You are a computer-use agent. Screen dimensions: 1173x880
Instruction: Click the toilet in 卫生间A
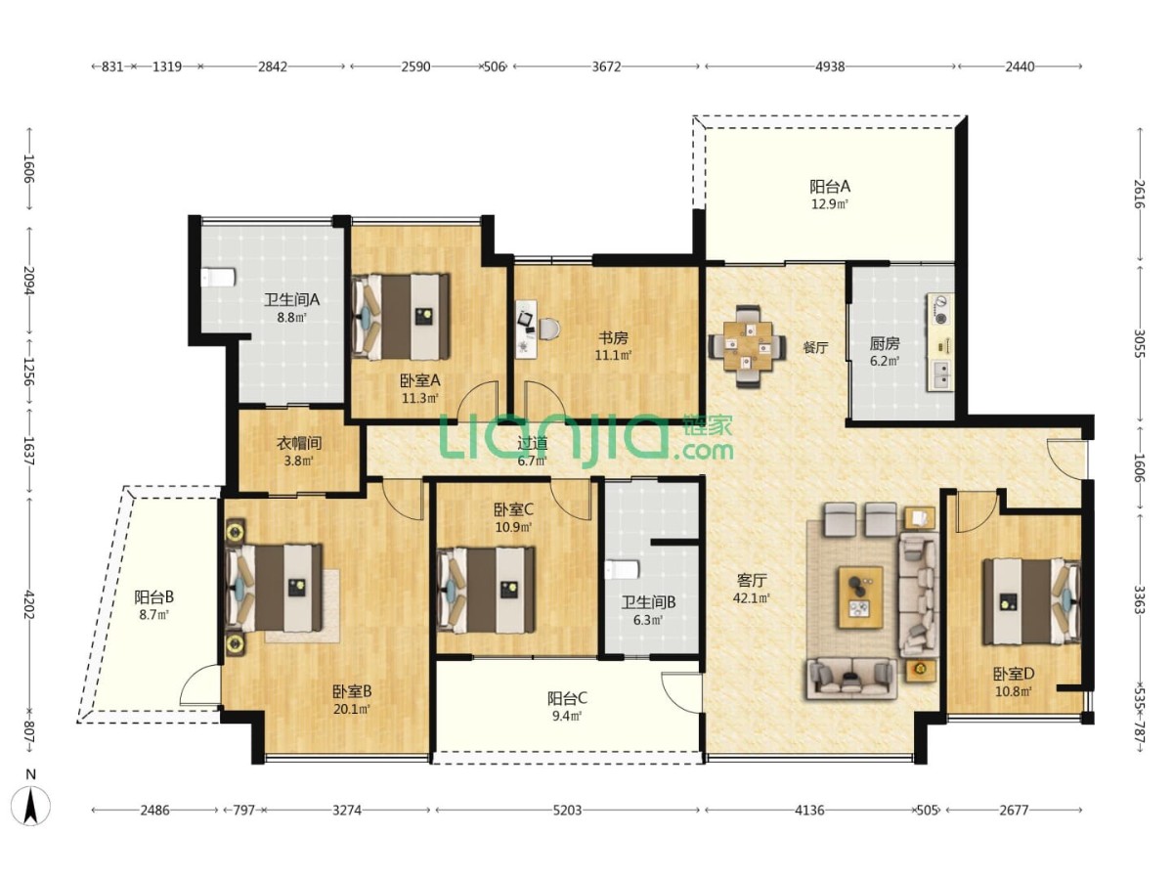click(x=218, y=278)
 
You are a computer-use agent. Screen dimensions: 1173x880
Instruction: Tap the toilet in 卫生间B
click(x=622, y=570)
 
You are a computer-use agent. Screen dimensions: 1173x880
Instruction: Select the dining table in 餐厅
click(x=747, y=347)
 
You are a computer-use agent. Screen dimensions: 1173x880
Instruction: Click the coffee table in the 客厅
click(x=860, y=597)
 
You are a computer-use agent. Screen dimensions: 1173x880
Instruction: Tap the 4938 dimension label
click(x=831, y=66)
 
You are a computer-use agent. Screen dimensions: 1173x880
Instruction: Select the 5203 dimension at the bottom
click(x=568, y=811)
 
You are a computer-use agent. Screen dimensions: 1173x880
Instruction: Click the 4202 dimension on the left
click(x=29, y=602)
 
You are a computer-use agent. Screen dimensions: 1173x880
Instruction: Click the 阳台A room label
click(x=829, y=187)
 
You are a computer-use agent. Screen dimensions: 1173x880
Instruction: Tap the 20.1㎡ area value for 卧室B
click(x=353, y=710)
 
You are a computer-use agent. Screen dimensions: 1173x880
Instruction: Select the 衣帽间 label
click(x=299, y=443)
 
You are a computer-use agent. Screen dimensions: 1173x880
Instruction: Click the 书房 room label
click(x=613, y=338)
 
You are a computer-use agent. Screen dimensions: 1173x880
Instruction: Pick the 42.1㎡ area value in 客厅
click(x=752, y=597)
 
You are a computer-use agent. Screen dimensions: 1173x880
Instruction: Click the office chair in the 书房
click(x=548, y=330)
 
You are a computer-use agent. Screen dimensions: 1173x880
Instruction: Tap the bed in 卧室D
click(x=1032, y=601)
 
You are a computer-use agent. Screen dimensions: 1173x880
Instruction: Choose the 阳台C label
click(x=567, y=698)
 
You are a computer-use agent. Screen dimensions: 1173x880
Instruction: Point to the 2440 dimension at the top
click(x=1021, y=66)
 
